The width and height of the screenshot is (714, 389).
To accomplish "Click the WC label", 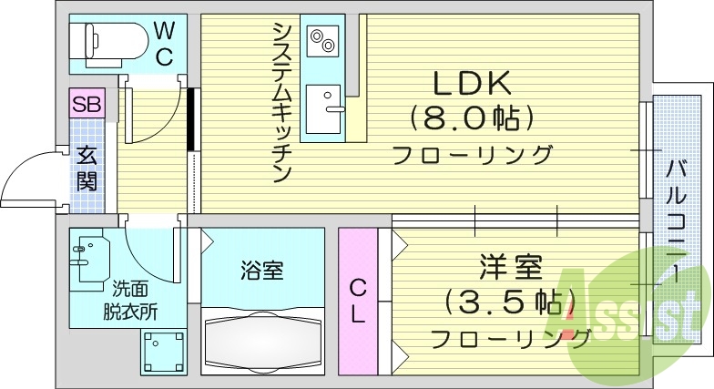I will pyautogui.click(x=164, y=43).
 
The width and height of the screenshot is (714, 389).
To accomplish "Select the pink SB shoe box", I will pyautogui.click(x=87, y=103).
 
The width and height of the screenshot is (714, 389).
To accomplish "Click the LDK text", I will pyautogui.click(x=471, y=85).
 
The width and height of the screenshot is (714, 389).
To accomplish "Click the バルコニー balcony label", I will pyautogui.click(x=675, y=219).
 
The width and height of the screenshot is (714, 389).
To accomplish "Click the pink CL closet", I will pyautogui.click(x=358, y=302).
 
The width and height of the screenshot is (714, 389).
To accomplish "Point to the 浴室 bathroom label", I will pyautogui.click(x=262, y=271).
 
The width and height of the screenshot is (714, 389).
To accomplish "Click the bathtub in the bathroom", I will pyautogui.click(x=262, y=343).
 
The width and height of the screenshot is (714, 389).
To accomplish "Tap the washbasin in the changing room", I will pyautogui.click(x=88, y=257).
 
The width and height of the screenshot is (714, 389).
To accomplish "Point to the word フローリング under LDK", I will pyautogui.click(x=472, y=155).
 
